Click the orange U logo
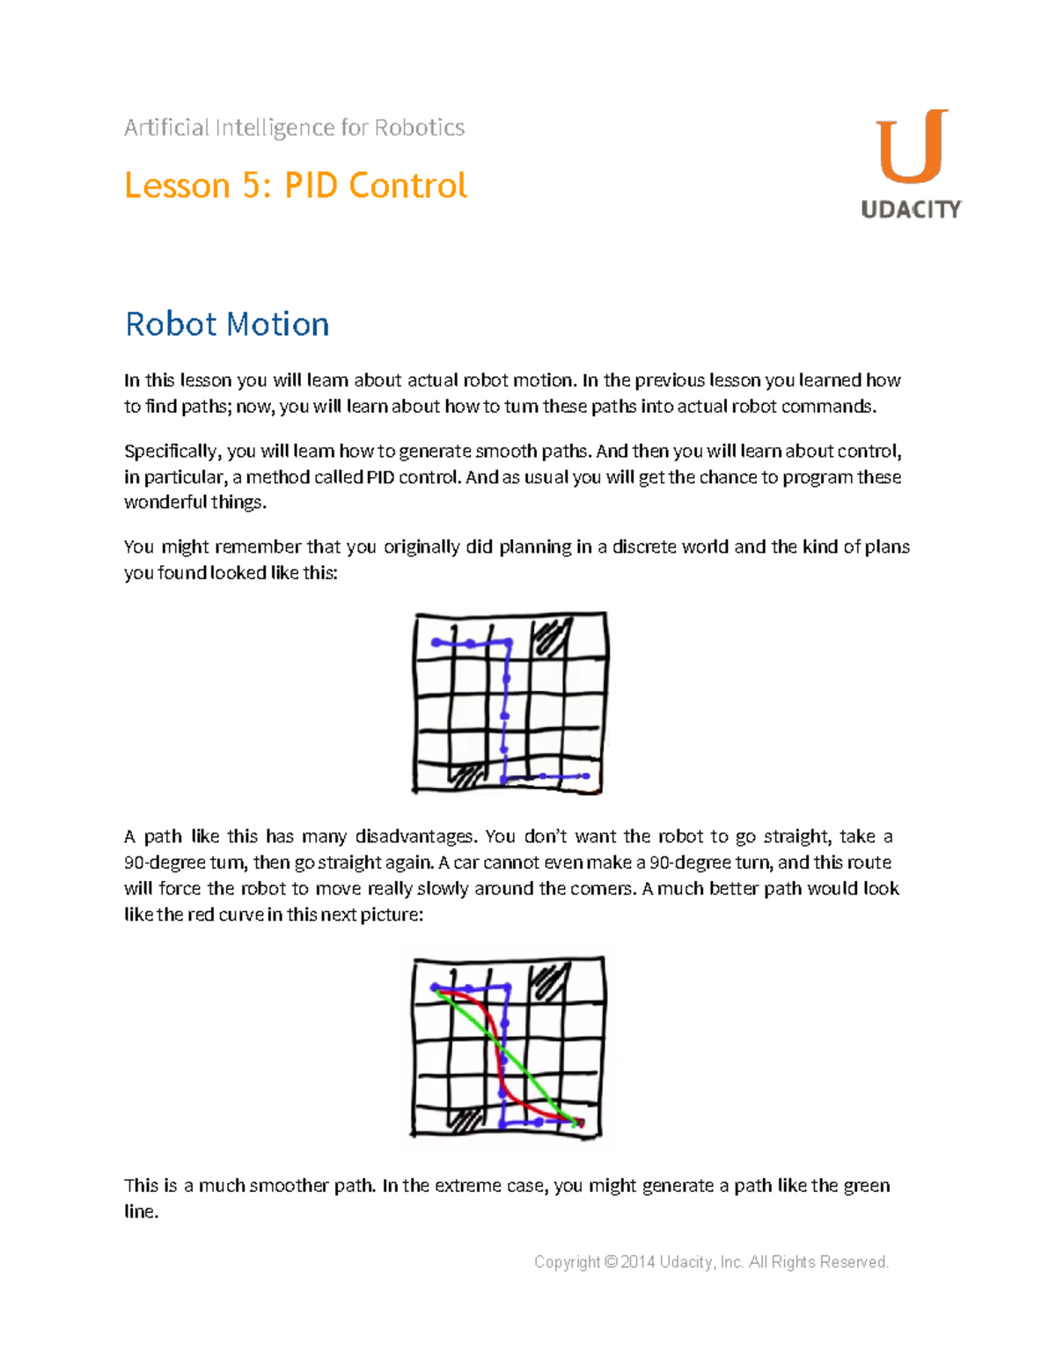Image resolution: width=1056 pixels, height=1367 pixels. (912, 147)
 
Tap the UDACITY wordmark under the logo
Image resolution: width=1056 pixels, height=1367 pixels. (911, 209)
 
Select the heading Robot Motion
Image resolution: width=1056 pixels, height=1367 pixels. (227, 324)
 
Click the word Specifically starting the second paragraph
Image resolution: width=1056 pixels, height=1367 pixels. (172, 452)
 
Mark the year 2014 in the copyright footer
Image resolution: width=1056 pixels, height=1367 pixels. (637, 1262)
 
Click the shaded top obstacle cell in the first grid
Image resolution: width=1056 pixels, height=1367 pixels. (550, 636)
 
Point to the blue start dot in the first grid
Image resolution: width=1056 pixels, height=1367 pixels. (436, 643)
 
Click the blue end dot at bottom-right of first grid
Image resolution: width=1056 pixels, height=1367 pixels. (586, 775)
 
